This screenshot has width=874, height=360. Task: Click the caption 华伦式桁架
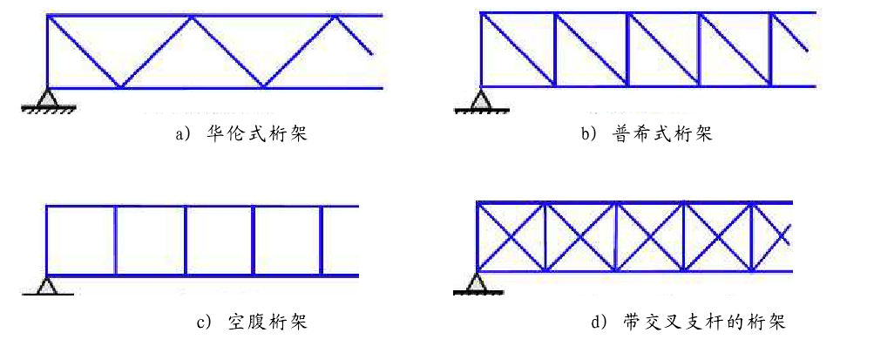[261, 135]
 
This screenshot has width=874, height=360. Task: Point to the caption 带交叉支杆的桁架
[705, 323]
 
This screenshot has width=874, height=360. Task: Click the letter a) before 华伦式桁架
[182, 135]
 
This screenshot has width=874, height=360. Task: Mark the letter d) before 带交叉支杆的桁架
[600, 323]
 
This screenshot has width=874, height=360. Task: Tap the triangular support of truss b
[480, 98]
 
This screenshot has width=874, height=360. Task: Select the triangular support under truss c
[46, 284]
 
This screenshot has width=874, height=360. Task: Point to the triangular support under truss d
[477, 281]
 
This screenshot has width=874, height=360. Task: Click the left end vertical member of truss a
[47, 52]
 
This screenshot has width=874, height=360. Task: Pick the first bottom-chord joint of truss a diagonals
[120, 87]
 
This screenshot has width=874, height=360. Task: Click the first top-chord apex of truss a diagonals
[193, 17]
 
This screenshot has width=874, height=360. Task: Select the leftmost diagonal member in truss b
[518, 49]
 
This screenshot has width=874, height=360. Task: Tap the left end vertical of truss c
[46, 241]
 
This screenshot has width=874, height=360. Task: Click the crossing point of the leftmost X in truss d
[511, 236]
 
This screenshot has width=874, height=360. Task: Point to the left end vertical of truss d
[478, 236]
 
